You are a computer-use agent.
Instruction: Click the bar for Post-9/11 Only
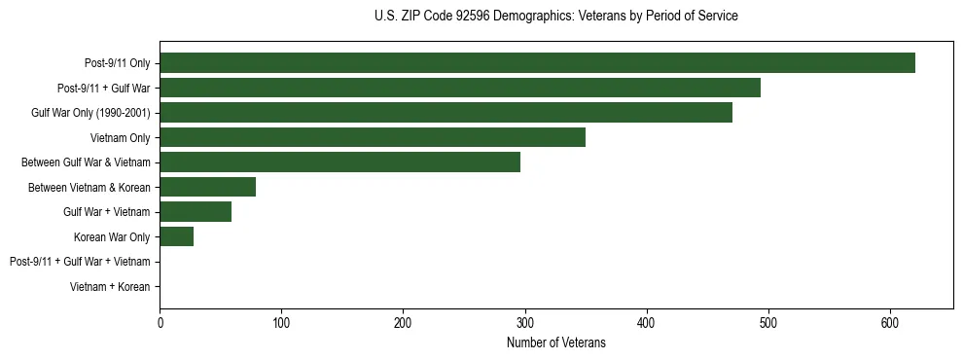[x=537, y=63]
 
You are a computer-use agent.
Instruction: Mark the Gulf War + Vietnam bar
[x=196, y=211]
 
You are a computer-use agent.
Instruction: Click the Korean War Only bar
[x=176, y=236]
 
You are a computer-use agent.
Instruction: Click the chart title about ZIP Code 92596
[x=555, y=17]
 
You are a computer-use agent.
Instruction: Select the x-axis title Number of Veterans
[x=555, y=342]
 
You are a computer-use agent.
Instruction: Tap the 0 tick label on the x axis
[x=160, y=322]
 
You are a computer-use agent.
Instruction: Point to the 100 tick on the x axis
[x=281, y=322]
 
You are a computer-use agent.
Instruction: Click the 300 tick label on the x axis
[x=525, y=322]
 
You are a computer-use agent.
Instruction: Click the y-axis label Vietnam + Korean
[x=110, y=287]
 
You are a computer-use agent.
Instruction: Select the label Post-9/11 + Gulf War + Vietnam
[x=80, y=262]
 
